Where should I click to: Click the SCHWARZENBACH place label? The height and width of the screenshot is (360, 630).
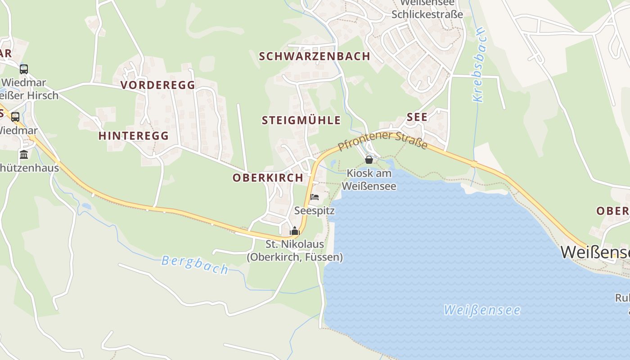tap(315, 56)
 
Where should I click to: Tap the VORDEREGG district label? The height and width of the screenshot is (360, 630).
tap(158, 85)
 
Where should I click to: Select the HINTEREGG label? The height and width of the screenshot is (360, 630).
tap(134, 135)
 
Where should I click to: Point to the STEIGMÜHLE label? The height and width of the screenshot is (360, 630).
tap(301, 120)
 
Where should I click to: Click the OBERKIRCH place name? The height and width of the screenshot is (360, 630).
tap(268, 177)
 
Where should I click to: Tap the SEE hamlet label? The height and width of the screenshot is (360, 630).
tap(417, 117)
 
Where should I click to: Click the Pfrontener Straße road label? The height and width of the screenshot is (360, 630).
tap(382, 140)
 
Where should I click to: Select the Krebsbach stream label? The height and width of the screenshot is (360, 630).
tap(479, 65)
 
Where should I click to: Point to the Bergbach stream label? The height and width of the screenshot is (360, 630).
tap(195, 264)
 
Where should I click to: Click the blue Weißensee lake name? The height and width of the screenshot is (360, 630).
tap(481, 310)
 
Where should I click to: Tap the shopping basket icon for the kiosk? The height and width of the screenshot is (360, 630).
tap(369, 159)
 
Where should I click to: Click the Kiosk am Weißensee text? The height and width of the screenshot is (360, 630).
tap(369, 180)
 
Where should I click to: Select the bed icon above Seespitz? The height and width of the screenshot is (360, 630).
tap(315, 197)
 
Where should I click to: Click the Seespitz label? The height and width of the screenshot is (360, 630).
tap(315, 211)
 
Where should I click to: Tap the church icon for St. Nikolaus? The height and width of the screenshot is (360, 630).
tap(295, 231)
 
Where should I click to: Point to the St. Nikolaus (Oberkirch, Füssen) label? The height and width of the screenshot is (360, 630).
tap(295, 251)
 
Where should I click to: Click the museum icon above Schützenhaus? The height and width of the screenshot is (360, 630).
tap(24, 155)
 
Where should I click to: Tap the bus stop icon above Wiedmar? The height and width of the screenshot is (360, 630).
tap(24, 69)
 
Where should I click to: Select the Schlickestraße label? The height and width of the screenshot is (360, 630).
tap(427, 14)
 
